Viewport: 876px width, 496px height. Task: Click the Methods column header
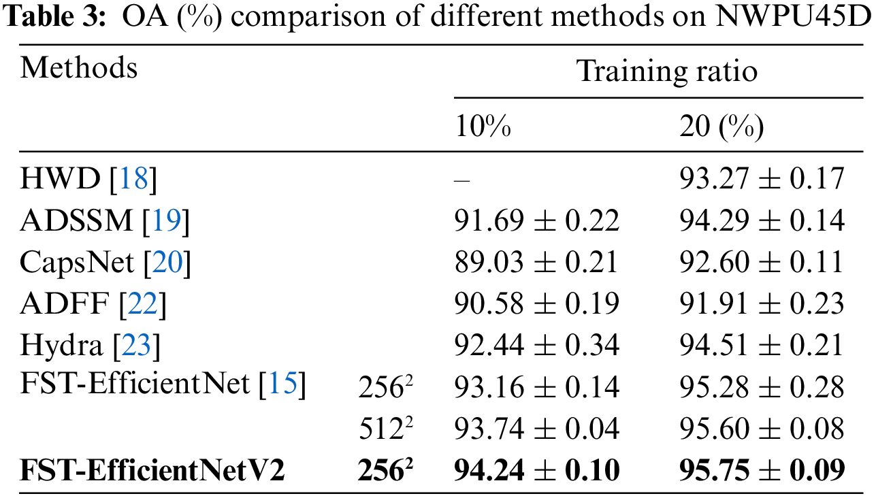coord(78,69)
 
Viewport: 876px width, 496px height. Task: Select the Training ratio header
coord(666,71)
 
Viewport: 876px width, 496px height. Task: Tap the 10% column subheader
coord(483,127)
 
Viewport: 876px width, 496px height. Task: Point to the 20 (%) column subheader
coord(721,128)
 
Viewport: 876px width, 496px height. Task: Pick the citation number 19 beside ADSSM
coord(165,221)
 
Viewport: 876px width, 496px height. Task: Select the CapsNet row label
coord(77,263)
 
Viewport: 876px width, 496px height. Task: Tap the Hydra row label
coord(61,346)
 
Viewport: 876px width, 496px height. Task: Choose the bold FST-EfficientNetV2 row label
coord(152,470)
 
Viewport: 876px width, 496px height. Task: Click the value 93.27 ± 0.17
coord(762,180)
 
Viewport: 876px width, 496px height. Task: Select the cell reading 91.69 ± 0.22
coord(536,221)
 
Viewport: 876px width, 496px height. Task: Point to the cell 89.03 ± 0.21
coord(536,263)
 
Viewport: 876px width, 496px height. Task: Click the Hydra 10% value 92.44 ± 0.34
coord(536,346)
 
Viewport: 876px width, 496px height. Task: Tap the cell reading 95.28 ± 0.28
coord(762,387)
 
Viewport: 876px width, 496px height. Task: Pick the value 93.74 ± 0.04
coord(536,429)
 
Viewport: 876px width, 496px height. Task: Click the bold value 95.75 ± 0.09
coord(762,470)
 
